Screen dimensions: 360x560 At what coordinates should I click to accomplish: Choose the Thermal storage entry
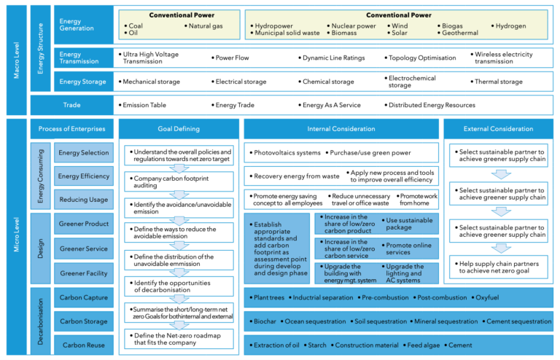(x=498, y=82)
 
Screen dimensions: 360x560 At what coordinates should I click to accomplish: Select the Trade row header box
(x=71, y=105)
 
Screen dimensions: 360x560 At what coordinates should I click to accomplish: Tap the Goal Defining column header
(x=179, y=129)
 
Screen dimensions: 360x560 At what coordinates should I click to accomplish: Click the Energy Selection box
(x=83, y=153)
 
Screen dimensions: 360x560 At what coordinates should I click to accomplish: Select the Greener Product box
(x=83, y=224)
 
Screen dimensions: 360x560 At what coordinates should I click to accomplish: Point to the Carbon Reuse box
(x=83, y=345)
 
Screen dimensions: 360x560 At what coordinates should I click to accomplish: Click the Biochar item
(x=263, y=321)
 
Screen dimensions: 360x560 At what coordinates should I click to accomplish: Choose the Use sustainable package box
(x=412, y=224)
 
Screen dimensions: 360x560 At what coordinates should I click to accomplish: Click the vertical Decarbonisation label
(x=41, y=321)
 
